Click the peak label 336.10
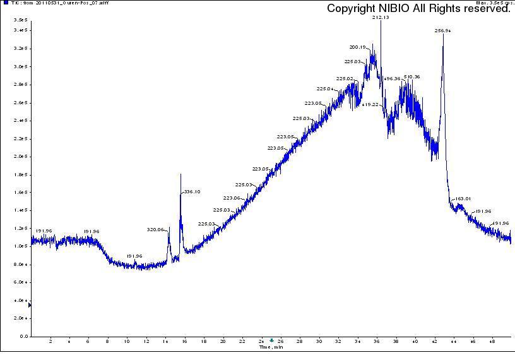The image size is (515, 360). pos(192,191)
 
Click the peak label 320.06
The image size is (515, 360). pos(155,229)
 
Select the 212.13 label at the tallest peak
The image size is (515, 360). pos(381,18)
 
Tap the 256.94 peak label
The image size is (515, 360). pos(443,30)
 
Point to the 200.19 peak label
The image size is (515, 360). pos(357,47)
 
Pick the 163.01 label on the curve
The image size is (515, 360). pos(463,199)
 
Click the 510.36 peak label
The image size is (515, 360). pos(411,76)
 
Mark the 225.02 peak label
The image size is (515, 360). pos(345,78)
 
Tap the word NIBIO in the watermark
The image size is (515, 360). pos(405,9)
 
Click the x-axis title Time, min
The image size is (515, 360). pos(271,347)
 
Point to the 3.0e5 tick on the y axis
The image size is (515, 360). pos(21,66)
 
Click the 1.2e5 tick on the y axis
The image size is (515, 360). pos(21,228)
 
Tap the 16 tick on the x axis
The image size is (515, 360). pos(185,342)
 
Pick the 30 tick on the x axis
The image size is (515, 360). pos(319,342)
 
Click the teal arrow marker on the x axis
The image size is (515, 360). pos(272,340)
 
